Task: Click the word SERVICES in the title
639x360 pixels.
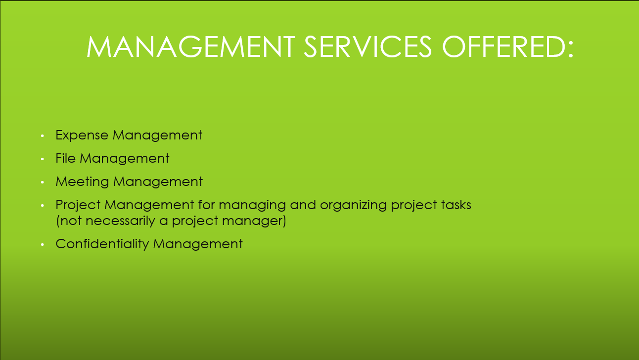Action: click(368, 46)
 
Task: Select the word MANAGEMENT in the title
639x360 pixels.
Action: click(190, 46)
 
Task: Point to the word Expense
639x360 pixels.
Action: click(82, 135)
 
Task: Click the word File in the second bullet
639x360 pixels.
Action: click(65, 158)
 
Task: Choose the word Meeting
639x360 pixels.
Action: click(82, 182)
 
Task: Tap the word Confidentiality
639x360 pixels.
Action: click(102, 244)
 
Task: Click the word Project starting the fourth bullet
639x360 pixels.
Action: click(78, 205)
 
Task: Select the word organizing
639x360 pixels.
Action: click(353, 205)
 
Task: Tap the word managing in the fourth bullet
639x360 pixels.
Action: click(252, 205)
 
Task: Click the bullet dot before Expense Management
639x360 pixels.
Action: click(43, 136)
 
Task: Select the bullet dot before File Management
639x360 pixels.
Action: click(43, 159)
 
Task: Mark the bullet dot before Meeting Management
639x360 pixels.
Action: click(43, 182)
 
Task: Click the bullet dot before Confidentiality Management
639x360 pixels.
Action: click(43, 244)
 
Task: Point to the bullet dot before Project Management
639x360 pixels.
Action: click(43, 205)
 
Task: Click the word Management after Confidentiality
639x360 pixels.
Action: click(198, 244)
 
